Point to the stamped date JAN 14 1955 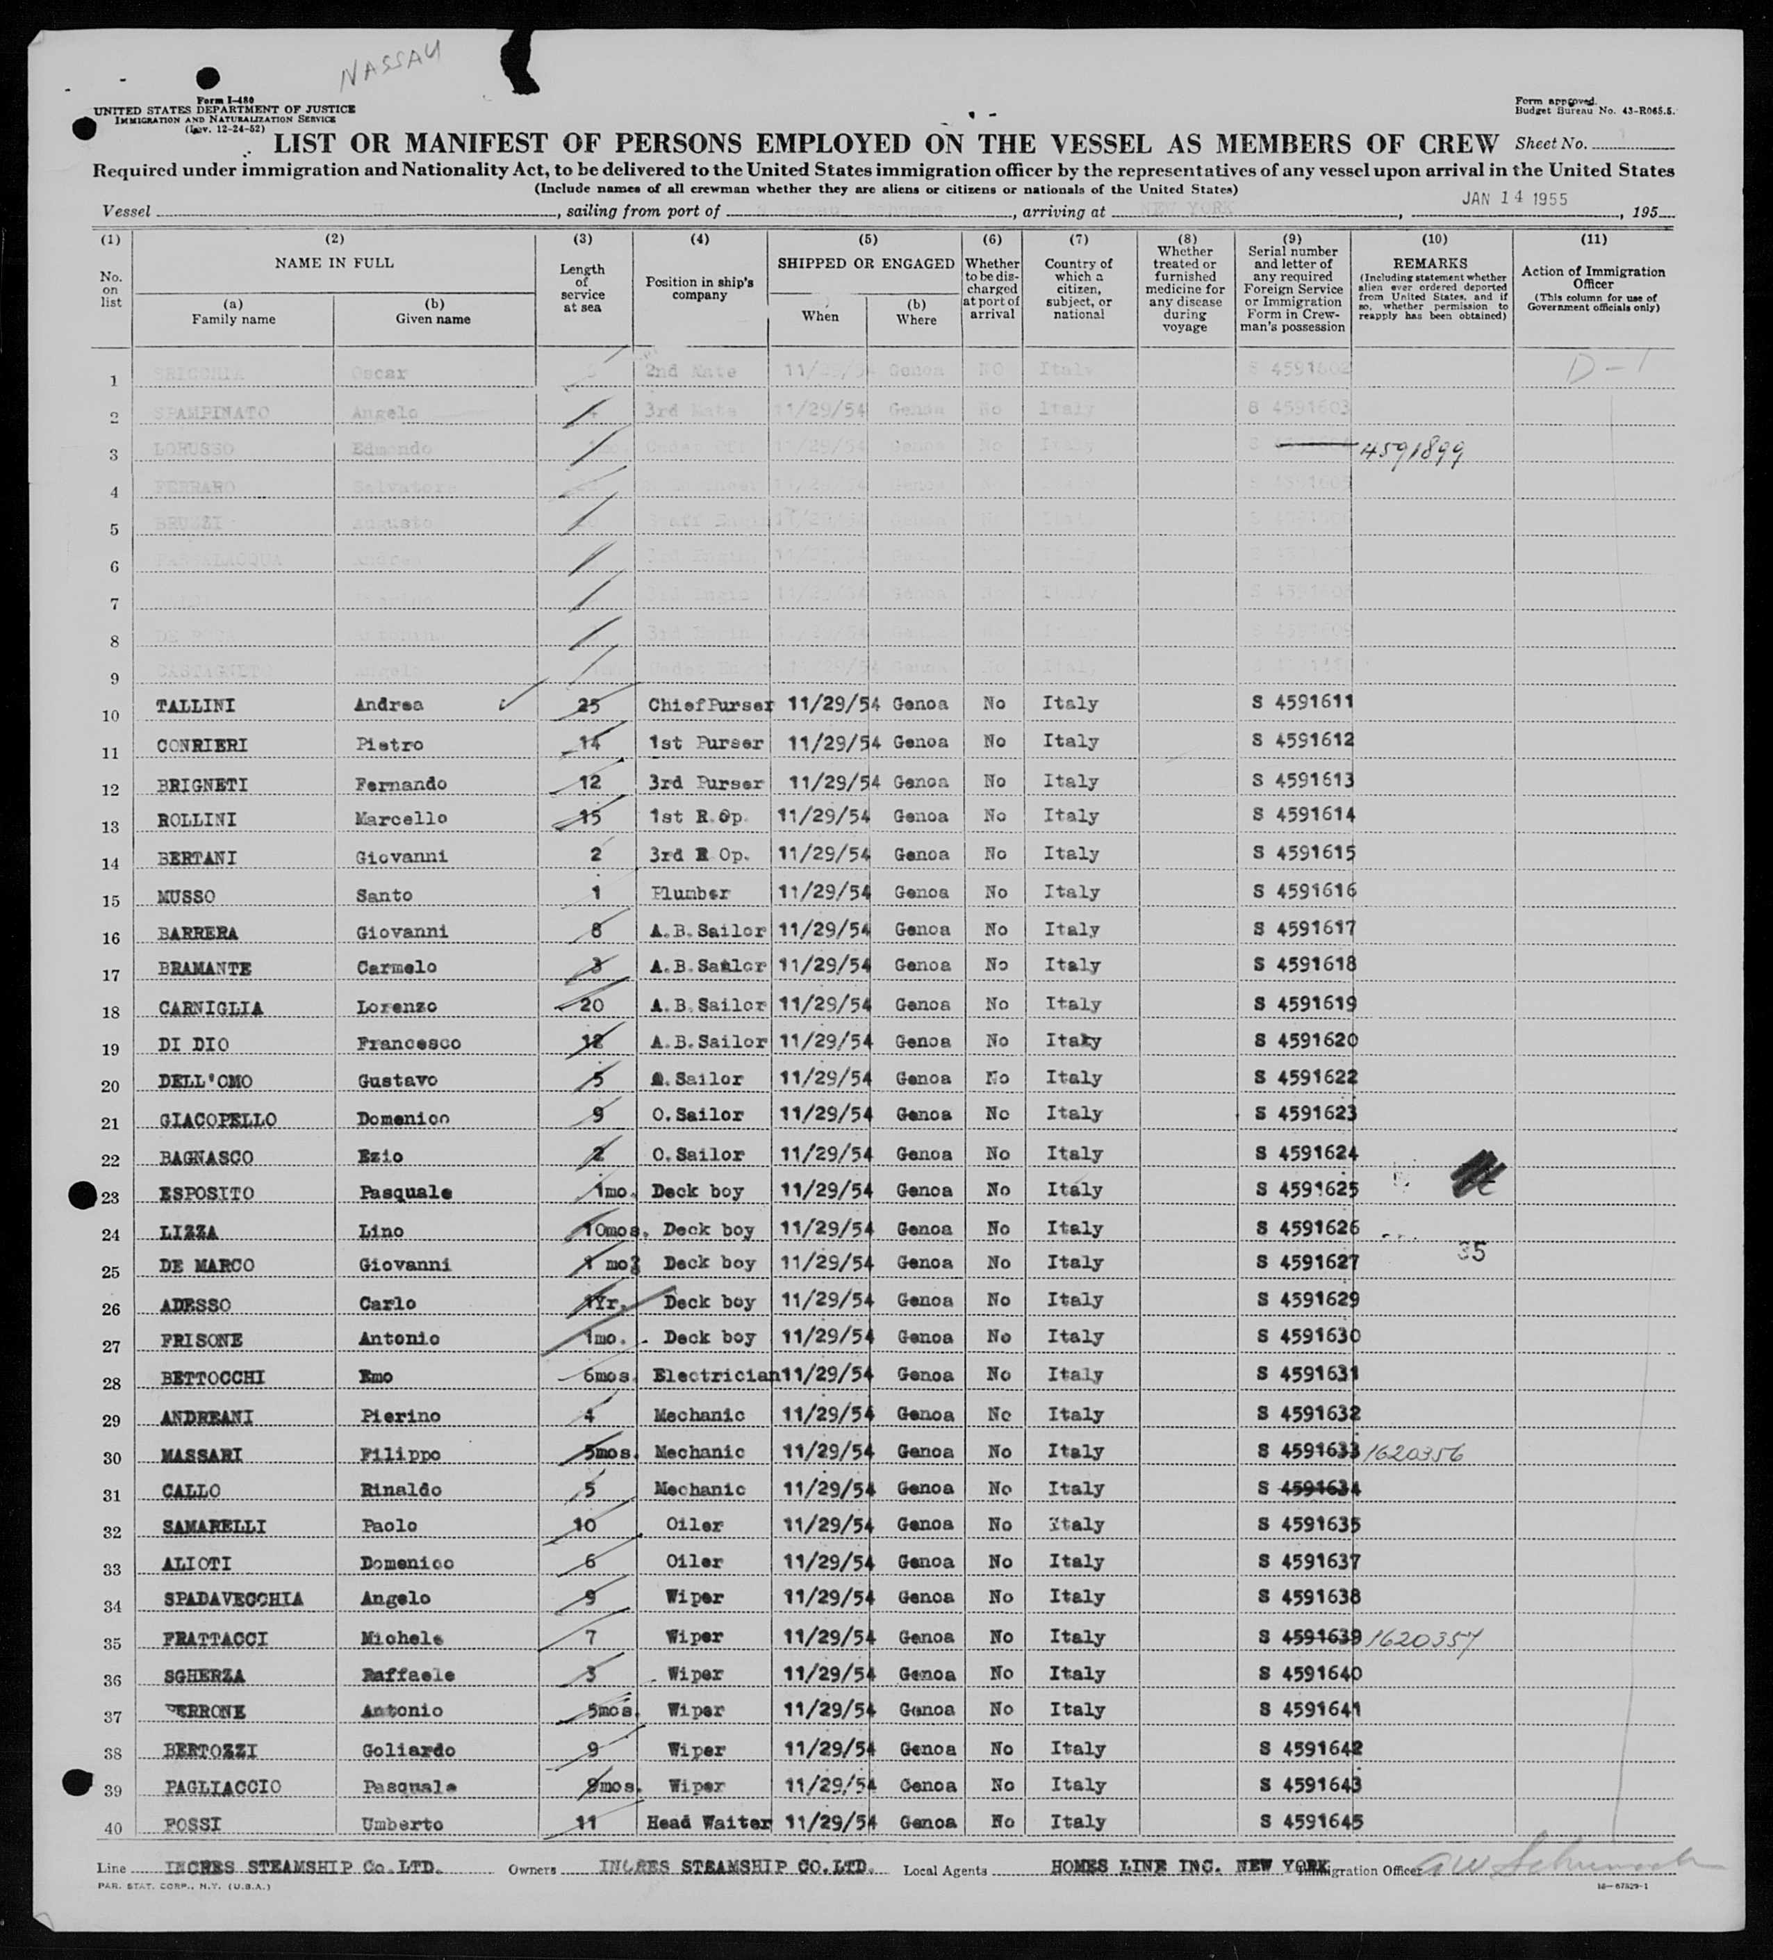[x=1515, y=197]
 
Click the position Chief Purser [x=709, y=704]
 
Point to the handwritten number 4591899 [x=1412, y=451]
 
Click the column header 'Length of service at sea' [x=582, y=288]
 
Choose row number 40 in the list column [x=112, y=1829]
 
